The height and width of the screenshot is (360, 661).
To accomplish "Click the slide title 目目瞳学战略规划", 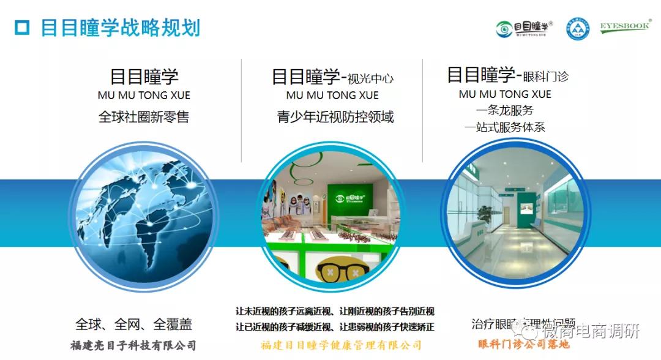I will [x=120, y=28].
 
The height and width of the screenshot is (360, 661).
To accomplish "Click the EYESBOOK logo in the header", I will [x=624, y=28].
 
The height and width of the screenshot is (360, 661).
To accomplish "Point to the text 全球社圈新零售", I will [x=144, y=117].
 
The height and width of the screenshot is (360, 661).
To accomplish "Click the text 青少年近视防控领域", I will [x=335, y=117].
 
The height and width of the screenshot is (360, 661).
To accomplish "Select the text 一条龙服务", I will [x=504, y=111].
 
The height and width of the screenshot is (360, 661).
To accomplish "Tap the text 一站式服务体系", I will [x=504, y=127].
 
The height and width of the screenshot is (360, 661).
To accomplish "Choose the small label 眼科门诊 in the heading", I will [x=545, y=77].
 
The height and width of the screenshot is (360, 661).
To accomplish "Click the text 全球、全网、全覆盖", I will [x=135, y=323].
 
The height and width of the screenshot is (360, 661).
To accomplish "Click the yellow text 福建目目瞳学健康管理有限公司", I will [x=341, y=345].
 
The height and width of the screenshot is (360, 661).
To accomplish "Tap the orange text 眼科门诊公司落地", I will [x=523, y=344].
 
